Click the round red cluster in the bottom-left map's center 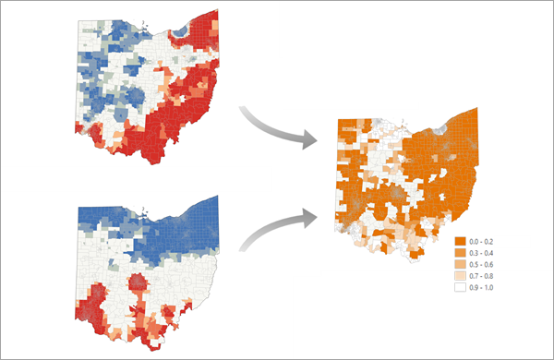coord(136,281)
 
